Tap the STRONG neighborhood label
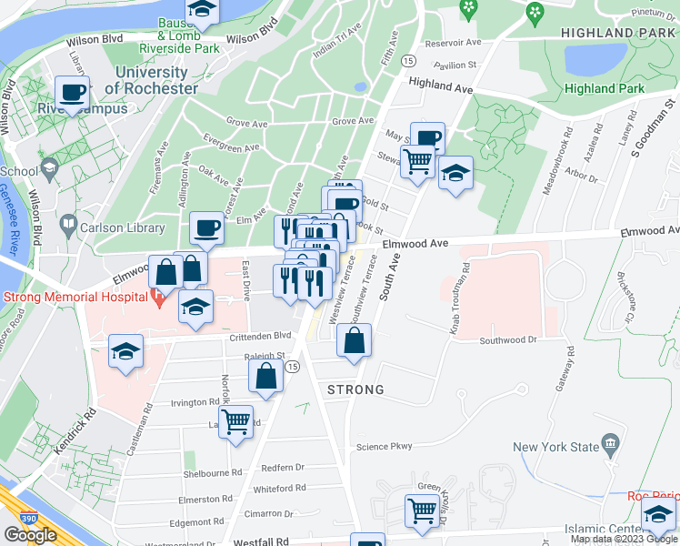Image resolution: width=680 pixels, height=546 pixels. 355,389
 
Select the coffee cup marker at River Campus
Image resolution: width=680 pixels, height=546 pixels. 72,91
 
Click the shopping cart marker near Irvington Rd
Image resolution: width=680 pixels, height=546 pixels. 235,421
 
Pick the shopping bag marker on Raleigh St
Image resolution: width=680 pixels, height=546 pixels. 265,376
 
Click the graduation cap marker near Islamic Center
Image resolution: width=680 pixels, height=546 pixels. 659,515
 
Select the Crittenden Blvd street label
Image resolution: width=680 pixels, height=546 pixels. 260,335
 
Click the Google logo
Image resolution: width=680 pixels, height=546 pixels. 30,535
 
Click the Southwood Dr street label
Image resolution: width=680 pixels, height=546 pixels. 509,340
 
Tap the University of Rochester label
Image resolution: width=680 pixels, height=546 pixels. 151,80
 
